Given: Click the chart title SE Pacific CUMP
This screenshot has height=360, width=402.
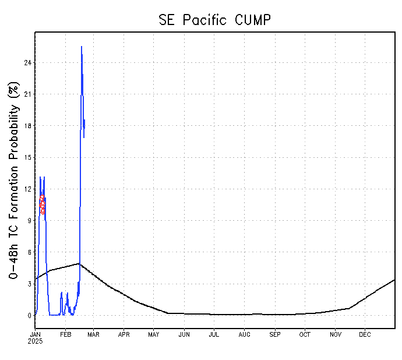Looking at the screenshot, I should coord(214,19).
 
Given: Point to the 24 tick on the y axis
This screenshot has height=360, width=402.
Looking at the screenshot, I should coord(27,62).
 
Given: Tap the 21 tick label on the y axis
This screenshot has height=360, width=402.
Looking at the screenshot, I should coord(27,94).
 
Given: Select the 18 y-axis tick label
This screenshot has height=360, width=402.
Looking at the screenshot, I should coord(27,126).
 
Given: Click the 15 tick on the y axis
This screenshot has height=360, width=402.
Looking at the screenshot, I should coord(27,157).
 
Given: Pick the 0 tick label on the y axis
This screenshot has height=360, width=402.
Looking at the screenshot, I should coord(29,316).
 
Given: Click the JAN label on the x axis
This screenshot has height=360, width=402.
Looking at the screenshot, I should coord(36,334).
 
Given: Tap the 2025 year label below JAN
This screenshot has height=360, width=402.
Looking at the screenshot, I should coord(36,341).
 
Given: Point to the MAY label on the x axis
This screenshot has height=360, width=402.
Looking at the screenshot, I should coord(154,334).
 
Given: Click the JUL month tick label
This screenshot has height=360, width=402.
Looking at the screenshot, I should coord(214,334).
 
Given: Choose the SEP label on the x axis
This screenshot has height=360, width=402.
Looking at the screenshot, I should coord(274,334).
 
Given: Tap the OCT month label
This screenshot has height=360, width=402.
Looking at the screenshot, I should coord(305,334).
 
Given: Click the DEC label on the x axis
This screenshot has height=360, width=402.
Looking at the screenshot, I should coord(365,334).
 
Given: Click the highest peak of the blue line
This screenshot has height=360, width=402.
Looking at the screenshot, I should coord(82,47).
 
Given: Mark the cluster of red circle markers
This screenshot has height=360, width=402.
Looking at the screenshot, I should coord(43,204).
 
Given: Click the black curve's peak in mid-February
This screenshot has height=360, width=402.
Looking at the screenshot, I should coord(79,263).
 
